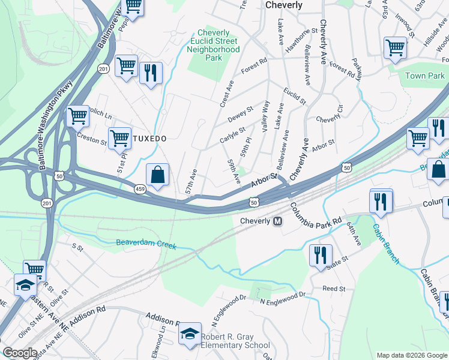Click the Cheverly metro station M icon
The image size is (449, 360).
point(278,221)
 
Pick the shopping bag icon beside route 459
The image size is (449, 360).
point(157,175)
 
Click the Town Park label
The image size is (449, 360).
point(424,76)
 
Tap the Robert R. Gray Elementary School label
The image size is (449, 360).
point(235,341)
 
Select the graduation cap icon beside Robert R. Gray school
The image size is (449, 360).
point(190,334)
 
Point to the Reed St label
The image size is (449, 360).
point(334,289)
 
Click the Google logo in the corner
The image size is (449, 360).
point(20,353)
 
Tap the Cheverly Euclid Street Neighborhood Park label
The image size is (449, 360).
point(213,45)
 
